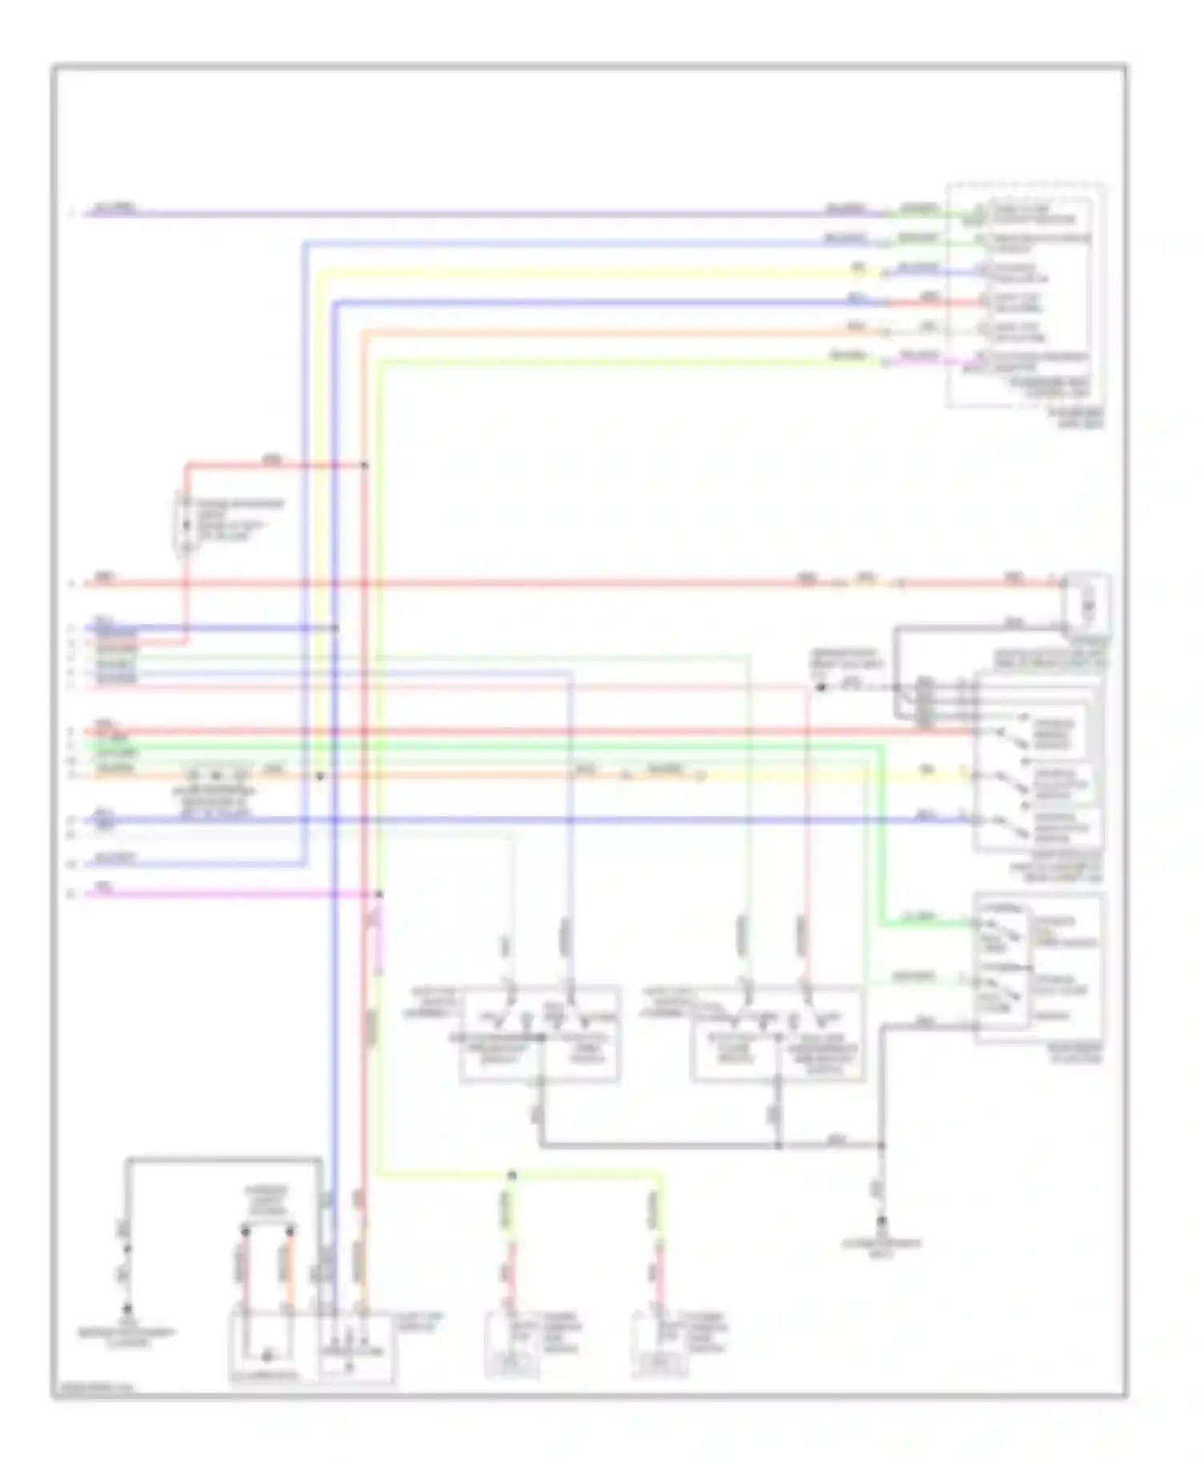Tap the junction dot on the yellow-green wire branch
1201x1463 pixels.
click(x=512, y=1175)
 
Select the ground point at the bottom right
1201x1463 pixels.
click(x=882, y=1222)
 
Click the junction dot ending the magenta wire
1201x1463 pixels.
click(x=379, y=894)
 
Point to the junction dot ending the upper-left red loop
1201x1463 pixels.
click(x=364, y=465)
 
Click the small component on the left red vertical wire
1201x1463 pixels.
click(x=185, y=524)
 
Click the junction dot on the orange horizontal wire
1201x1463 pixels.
click(x=319, y=776)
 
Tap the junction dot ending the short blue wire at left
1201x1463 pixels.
click(x=335, y=628)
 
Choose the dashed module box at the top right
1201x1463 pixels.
click(x=1027, y=295)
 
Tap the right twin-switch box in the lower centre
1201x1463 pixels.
click(x=777, y=1034)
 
